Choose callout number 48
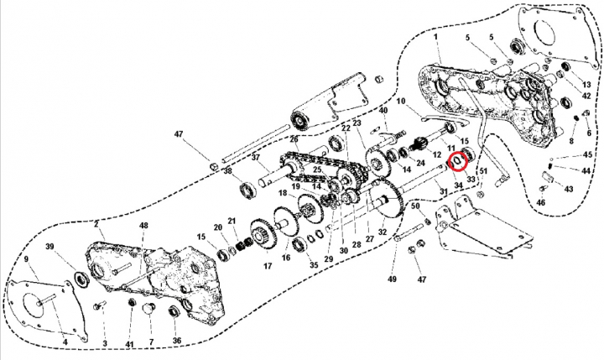pos(143,226)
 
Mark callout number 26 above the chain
pos(294,139)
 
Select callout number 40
pos(383,111)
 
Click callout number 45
pos(587,155)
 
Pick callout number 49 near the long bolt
pos(391,279)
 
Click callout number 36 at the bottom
pos(176,341)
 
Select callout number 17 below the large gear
pos(268,267)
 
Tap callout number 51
pos(483,172)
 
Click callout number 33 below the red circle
pos(470,179)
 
